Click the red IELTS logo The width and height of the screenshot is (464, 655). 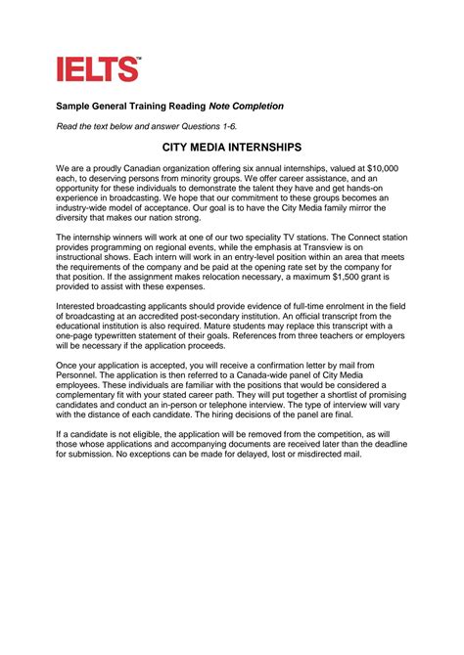(98, 68)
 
